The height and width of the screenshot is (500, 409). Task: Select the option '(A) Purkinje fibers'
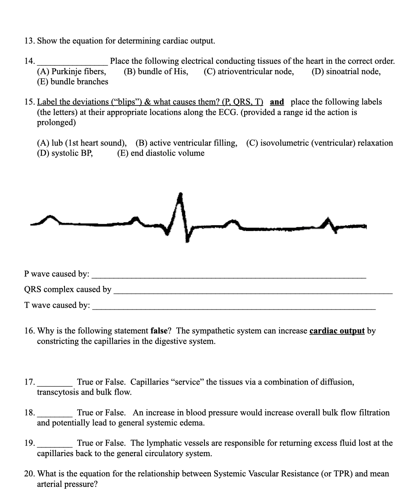point(71,72)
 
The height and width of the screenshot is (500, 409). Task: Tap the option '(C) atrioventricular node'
point(249,72)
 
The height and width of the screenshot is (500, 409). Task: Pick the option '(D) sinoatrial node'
point(346,72)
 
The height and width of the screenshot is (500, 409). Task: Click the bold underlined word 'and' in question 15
point(277,102)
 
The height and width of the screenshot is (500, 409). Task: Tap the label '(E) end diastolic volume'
point(161,153)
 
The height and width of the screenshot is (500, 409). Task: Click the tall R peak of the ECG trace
point(180,195)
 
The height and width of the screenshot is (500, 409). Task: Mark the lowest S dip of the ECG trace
point(186,241)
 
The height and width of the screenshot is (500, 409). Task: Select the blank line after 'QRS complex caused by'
point(253,292)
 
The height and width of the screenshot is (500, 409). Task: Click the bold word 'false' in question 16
point(160,331)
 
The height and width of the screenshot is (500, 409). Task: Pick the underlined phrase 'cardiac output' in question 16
point(337,331)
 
